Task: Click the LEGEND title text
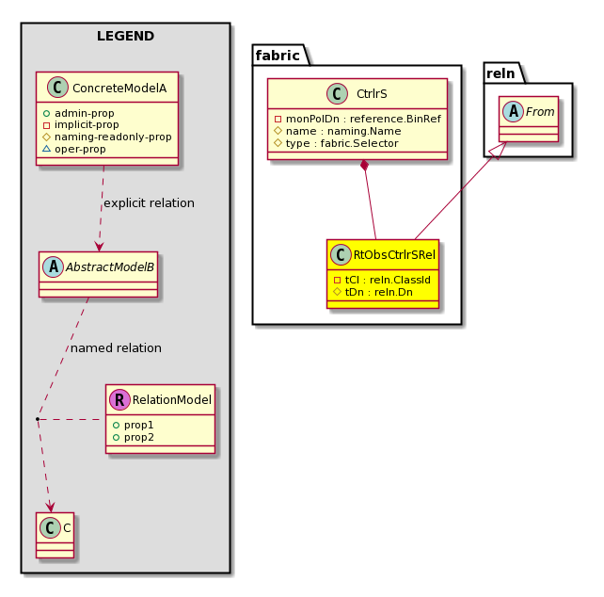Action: tap(125, 36)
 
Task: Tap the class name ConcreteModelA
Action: tap(119, 89)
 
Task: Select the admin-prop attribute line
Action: tap(79, 113)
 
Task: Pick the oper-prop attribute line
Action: tap(74, 149)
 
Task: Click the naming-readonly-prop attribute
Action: tap(107, 137)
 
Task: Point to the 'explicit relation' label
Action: tap(149, 202)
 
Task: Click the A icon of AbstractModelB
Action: tap(54, 266)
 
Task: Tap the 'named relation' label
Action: tap(116, 347)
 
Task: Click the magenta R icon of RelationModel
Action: tap(119, 399)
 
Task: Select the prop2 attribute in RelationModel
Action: tap(134, 437)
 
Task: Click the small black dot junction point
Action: tap(38, 419)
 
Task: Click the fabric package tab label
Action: tap(278, 56)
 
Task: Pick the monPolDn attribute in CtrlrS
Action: tap(358, 119)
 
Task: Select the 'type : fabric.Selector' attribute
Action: tap(336, 143)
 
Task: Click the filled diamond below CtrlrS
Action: tap(364, 166)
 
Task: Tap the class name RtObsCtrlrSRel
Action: tap(394, 255)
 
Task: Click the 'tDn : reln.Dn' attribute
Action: tap(374, 292)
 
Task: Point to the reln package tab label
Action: tap(501, 73)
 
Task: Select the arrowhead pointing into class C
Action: tap(50, 508)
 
